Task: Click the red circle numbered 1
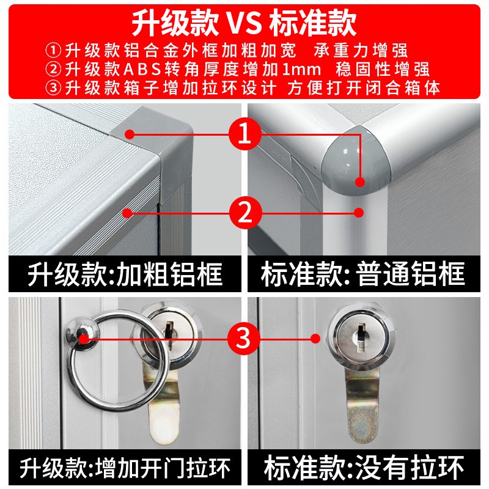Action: point(244,134)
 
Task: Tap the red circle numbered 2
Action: point(244,213)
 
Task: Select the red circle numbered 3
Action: point(244,337)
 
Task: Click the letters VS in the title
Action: point(244,23)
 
